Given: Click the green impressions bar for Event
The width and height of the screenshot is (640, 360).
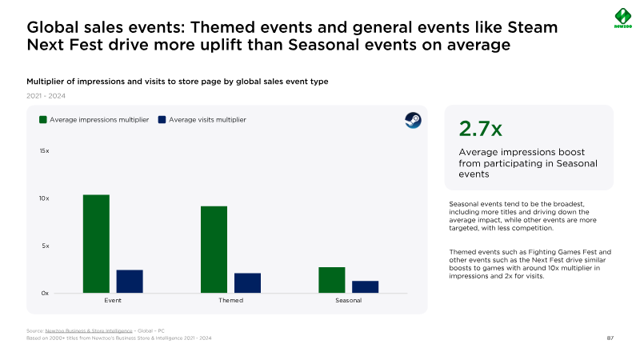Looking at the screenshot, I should [x=96, y=243].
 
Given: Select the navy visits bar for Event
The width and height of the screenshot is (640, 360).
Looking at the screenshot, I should [x=130, y=281].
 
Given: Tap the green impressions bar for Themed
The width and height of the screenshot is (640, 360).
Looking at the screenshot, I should [x=214, y=249].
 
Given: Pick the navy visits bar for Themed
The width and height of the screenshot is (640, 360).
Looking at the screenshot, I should [x=247, y=282].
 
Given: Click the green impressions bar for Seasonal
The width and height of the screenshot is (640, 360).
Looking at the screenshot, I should [x=332, y=279].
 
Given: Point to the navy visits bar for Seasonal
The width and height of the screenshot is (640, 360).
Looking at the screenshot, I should [x=365, y=286].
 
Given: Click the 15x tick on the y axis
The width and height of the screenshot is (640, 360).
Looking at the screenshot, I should [x=45, y=150].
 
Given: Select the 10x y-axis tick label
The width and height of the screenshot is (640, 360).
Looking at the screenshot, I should [x=45, y=198].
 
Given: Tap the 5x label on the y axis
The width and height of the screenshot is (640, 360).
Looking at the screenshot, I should [x=46, y=246].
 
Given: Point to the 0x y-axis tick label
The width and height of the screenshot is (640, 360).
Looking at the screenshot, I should [x=45, y=293].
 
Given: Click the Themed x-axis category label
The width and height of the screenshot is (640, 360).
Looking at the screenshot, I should [x=230, y=301].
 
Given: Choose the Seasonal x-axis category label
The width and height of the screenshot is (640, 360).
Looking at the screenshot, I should [x=349, y=301].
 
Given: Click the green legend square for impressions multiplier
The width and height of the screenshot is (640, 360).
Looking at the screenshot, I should [x=43, y=119].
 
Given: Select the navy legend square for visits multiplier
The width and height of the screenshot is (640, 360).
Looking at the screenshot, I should [x=162, y=119].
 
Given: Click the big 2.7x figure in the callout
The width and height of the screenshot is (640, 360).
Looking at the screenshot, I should [x=480, y=130].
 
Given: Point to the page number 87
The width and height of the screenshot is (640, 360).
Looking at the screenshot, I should [x=610, y=338].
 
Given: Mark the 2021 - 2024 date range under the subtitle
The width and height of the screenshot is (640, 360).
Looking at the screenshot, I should [x=46, y=95].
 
